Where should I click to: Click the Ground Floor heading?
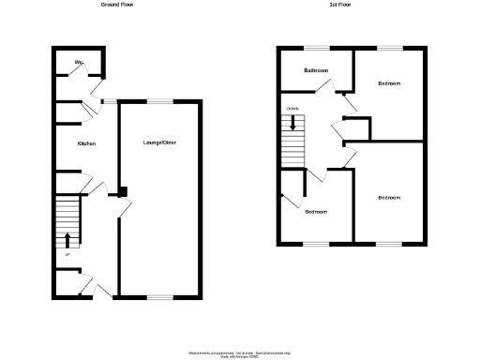[x=116, y=5]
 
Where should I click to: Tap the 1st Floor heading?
[x=339, y=5]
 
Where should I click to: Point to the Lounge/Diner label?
[x=157, y=142]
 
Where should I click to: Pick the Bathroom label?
[x=315, y=71]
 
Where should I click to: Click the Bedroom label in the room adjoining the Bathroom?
[x=389, y=83]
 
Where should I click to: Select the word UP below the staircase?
[x=67, y=254]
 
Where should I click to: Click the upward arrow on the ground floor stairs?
[x=67, y=238]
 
